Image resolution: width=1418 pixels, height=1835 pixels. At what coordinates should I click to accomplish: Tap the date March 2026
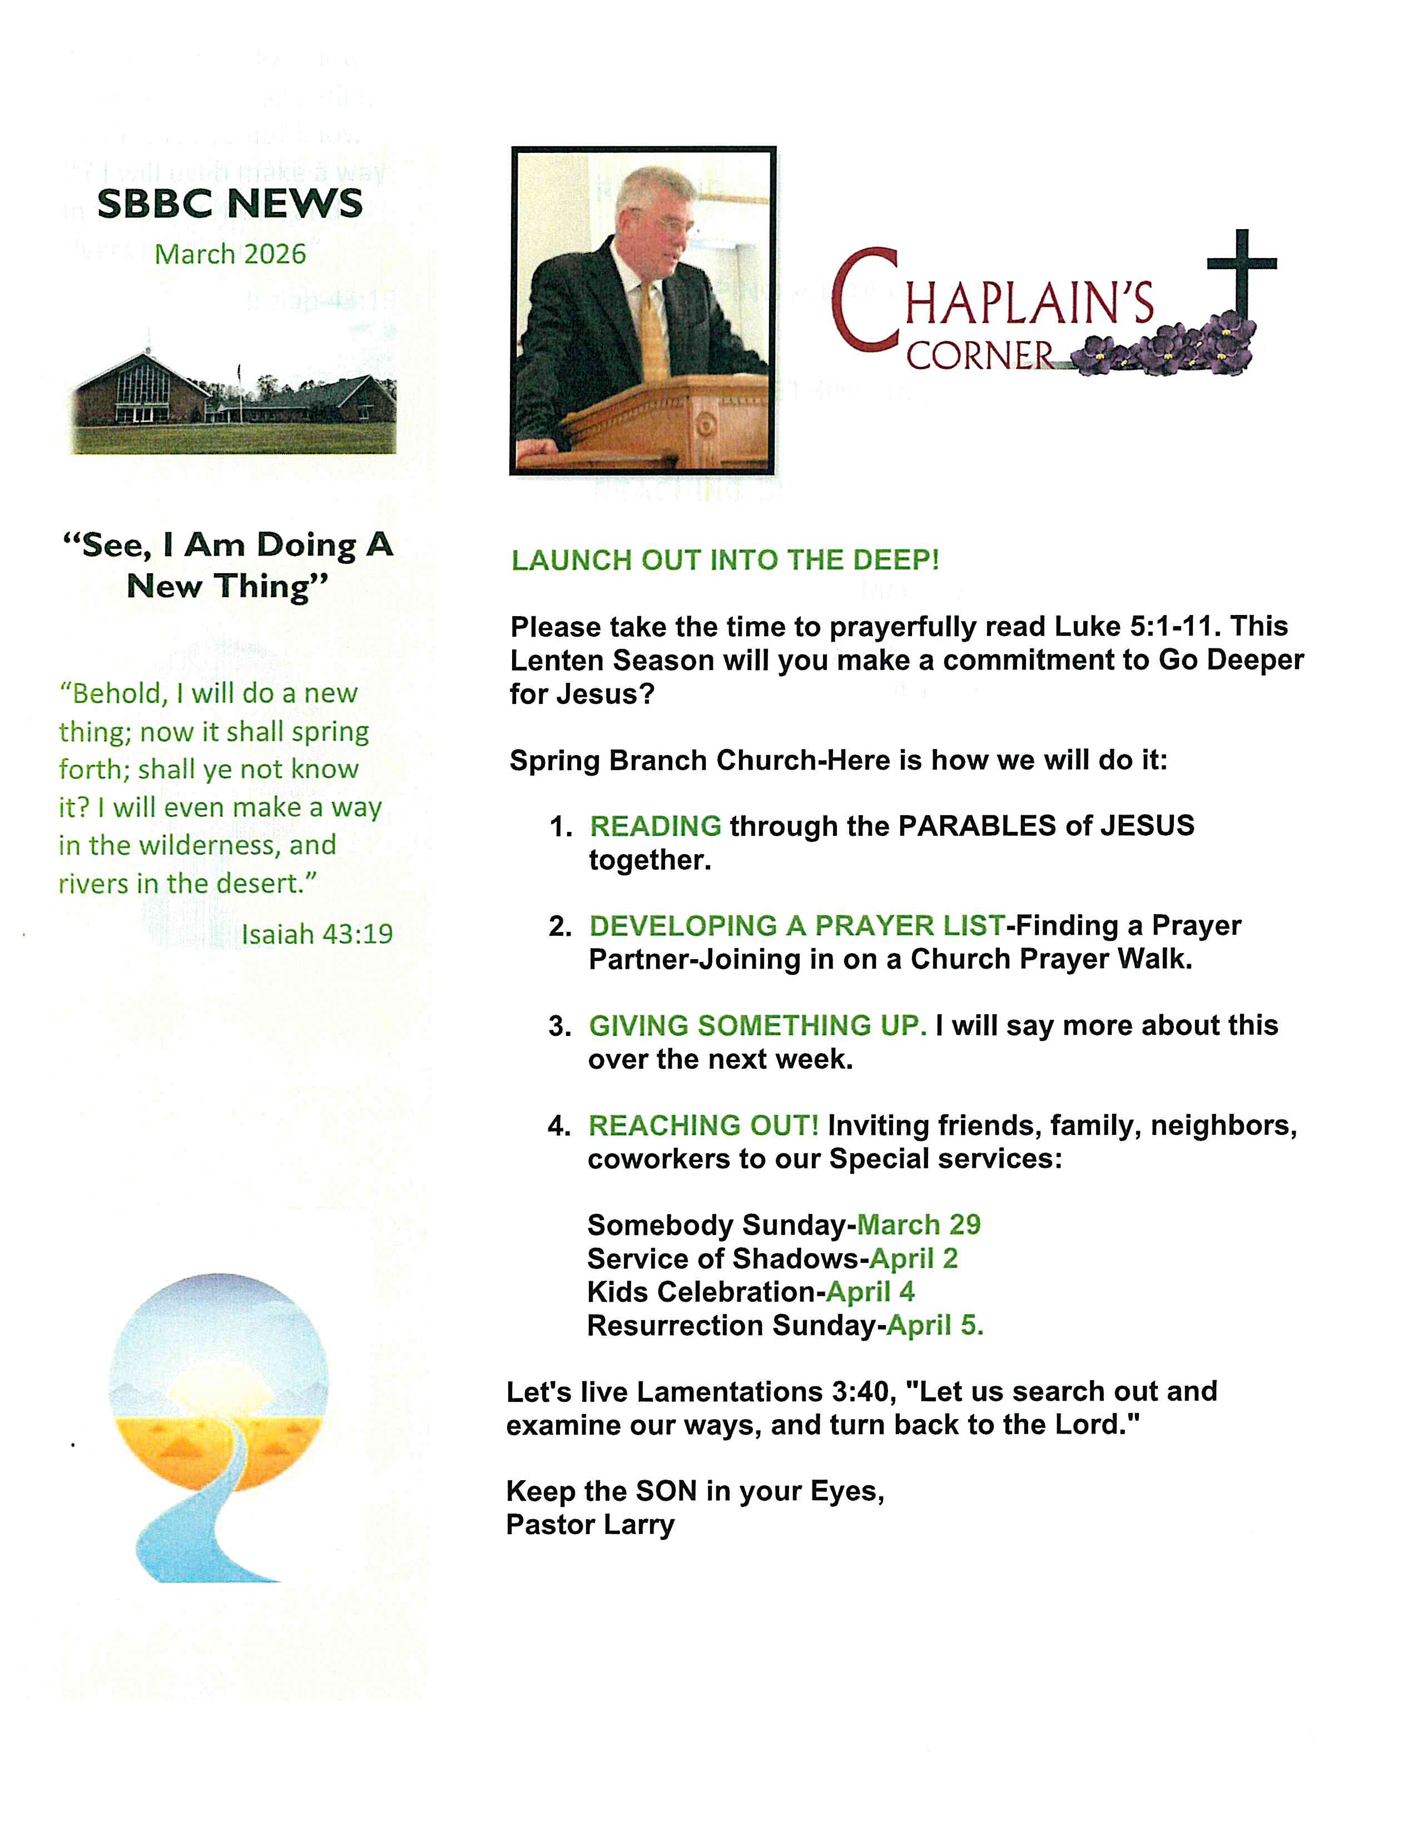(230, 254)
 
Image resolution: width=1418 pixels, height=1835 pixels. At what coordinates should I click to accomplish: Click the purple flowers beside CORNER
(1168, 349)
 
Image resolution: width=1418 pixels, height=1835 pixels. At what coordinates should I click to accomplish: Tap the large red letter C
(865, 301)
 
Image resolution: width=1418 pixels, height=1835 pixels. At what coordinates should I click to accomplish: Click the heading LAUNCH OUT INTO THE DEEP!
(725, 561)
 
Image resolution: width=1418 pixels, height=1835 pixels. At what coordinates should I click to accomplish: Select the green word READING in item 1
(655, 826)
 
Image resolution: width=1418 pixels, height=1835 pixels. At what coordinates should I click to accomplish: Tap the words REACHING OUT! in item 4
(703, 1125)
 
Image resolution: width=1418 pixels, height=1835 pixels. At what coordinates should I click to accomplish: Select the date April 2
(914, 1258)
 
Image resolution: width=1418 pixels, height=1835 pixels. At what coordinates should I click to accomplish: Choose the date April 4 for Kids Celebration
(870, 1291)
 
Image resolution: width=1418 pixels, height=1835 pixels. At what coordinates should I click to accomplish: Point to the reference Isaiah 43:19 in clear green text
(317, 934)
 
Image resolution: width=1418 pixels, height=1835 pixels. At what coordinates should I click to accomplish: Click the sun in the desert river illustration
(220, 1385)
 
